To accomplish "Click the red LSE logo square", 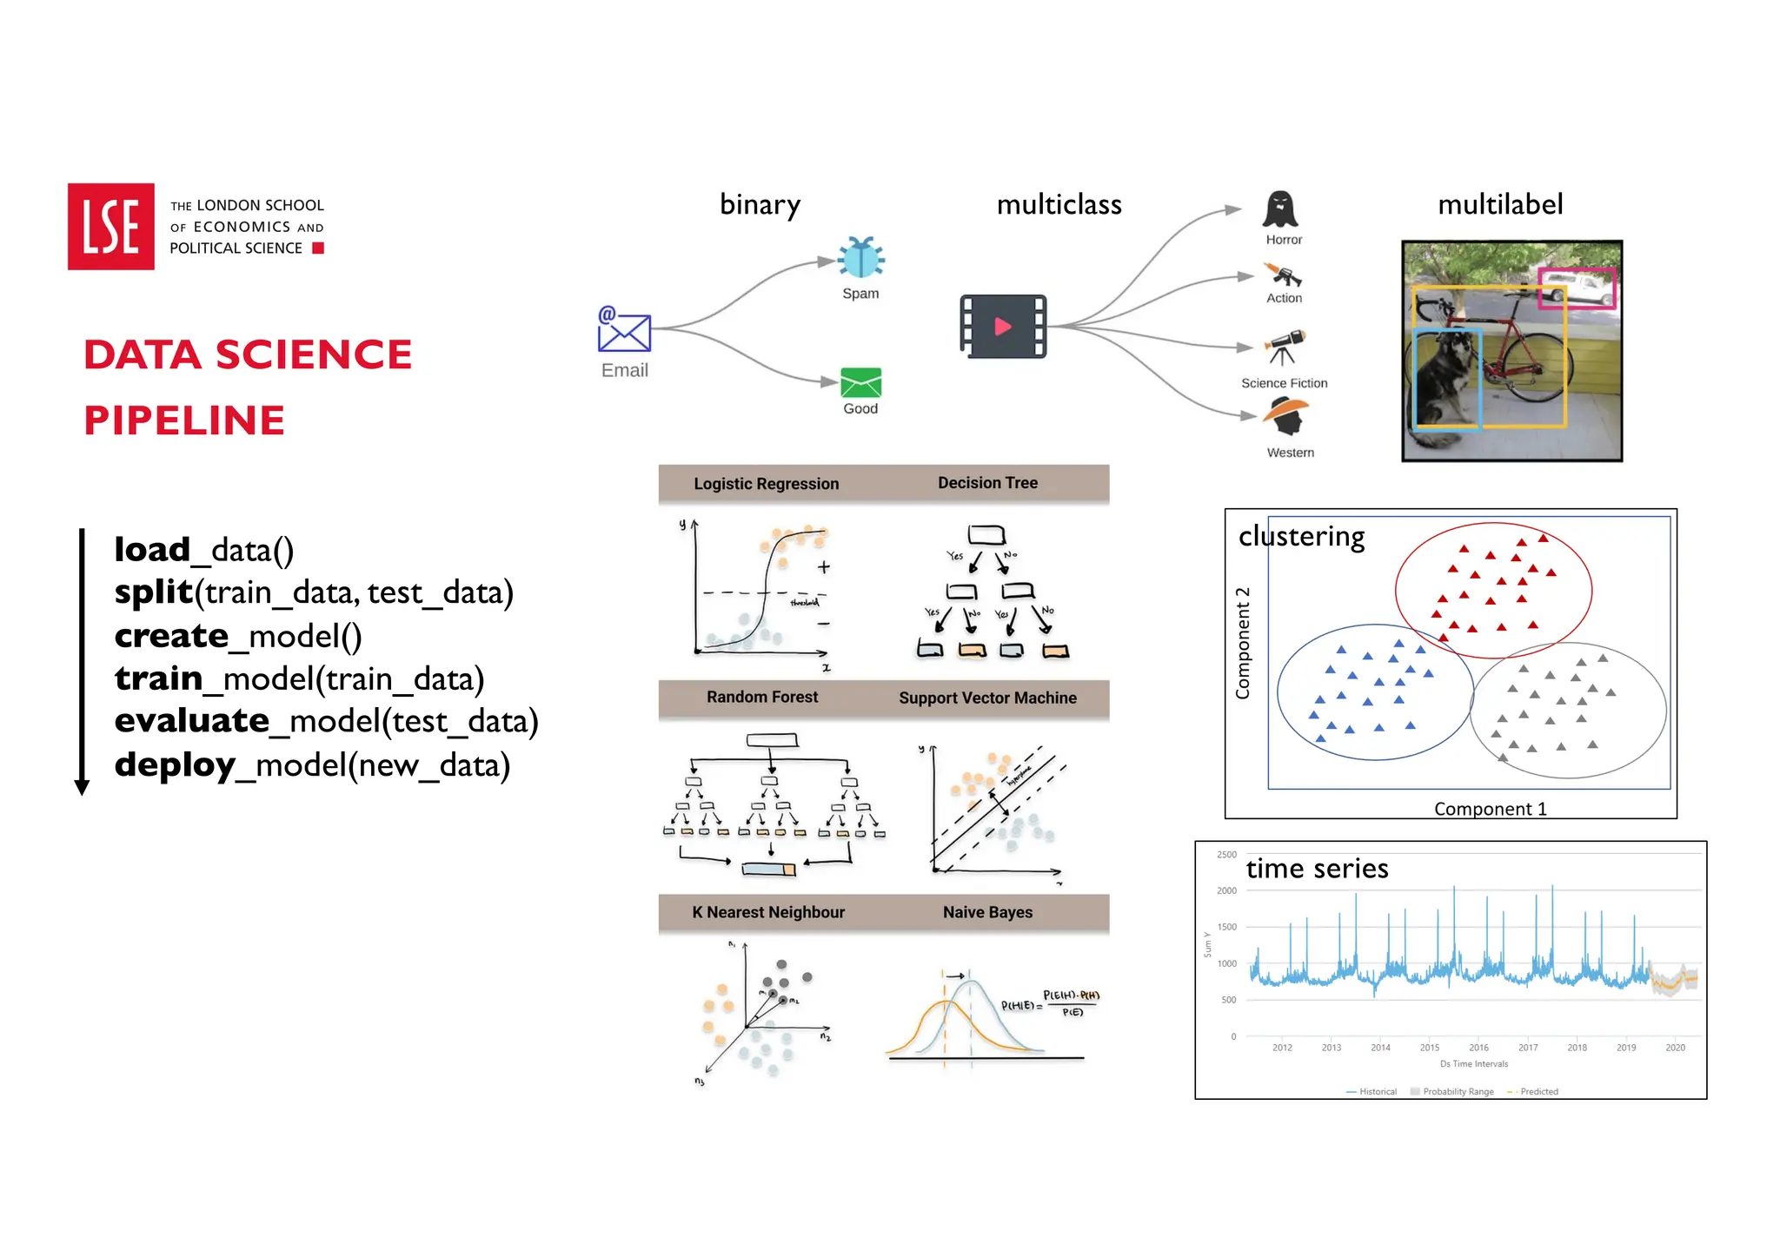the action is [x=110, y=227].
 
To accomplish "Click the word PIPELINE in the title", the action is [x=184, y=420].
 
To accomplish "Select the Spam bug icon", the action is [x=860, y=258].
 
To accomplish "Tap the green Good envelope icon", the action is [x=860, y=383].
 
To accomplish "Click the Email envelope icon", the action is [x=624, y=329].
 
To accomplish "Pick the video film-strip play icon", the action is [x=1003, y=327].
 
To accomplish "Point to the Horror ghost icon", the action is [x=1280, y=210].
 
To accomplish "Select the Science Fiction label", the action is [x=1284, y=383].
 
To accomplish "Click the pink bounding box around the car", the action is [x=1576, y=288].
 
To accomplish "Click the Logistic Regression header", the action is [x=766, y=484].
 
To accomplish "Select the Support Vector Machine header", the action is [x=987, y=698].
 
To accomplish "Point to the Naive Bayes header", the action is [x=987, y=912].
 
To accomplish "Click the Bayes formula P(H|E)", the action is [x=1050, y=1003].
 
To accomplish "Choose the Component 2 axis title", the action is [x=1243, y=644].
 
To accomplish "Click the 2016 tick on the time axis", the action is [x=1478, y=1048].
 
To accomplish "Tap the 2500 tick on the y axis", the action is [x=1226, y=855].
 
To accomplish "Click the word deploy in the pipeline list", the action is [x=175, y=765].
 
